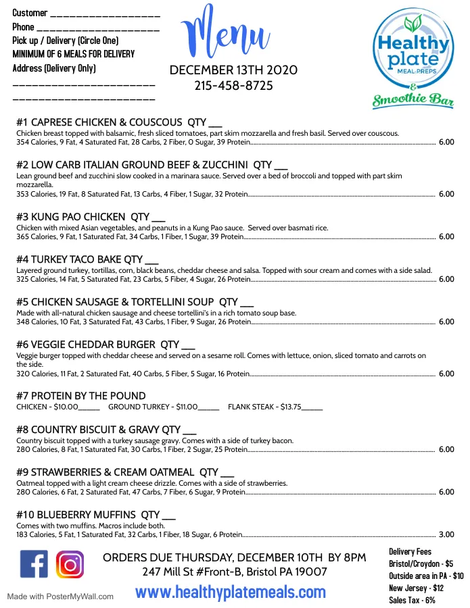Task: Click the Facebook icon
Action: coord(34,565)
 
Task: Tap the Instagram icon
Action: coord(70,565)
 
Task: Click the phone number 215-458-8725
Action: coord(233,86)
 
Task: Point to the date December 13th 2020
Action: coord(233,70)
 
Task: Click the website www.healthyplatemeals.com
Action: coord(231,592)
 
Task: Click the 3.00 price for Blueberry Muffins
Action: coord(446,534)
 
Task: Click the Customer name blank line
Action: coord(105,14)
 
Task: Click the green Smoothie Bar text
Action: coord(413,102)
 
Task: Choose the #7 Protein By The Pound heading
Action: coord(80,396)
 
